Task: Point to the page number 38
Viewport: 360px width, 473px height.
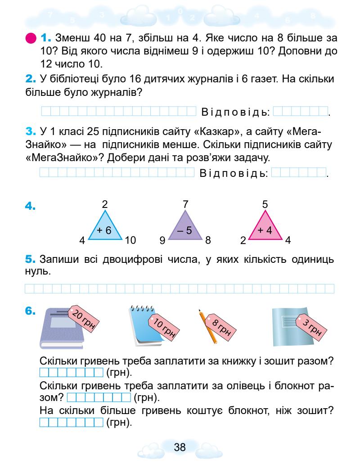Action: point(180,447)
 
